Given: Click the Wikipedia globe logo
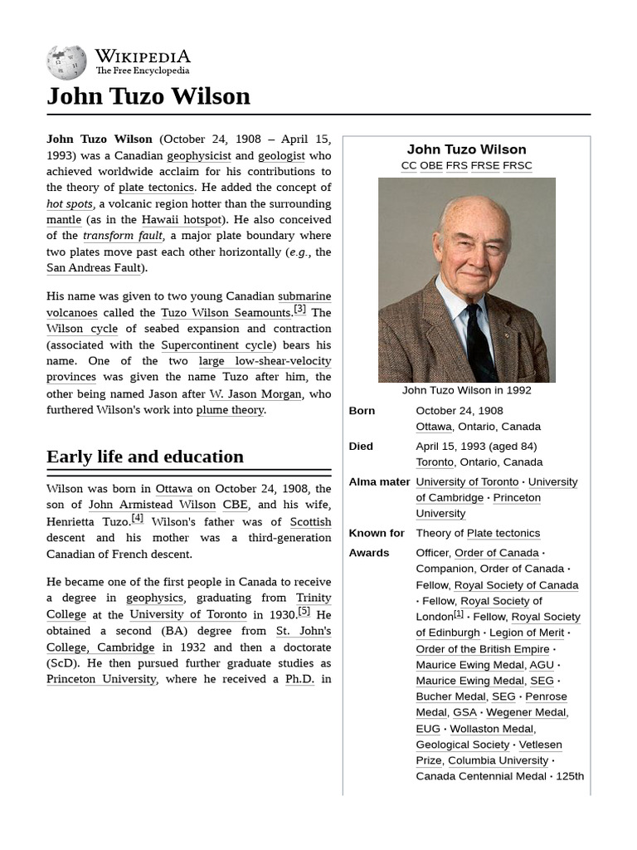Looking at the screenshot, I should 66,62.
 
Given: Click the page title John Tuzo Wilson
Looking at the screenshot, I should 148,96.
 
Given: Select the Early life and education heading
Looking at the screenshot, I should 145,457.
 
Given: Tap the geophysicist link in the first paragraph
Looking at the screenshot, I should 199,155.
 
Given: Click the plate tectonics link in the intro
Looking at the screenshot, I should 156,188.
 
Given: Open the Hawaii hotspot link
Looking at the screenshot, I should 182,220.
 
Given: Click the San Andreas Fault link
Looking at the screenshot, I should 95,268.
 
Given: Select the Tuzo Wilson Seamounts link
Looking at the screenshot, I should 226,313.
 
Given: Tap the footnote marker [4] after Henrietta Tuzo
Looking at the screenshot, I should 138,519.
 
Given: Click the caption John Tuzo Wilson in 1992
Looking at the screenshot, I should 466,390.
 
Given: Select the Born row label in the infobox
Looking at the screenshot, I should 362,411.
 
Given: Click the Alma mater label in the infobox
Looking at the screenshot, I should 379,482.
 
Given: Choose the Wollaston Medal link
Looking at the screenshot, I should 491,729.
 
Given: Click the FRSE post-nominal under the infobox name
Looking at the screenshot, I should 484,165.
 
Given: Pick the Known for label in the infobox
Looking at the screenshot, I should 377,534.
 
